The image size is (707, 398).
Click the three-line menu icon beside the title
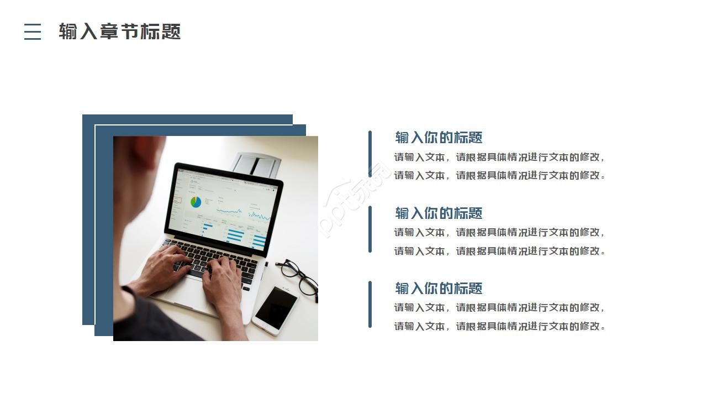point(33,32)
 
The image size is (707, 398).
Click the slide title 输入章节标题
point(120,32)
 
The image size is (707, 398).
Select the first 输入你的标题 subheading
point(439,138)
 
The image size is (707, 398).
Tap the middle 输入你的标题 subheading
point(439,213)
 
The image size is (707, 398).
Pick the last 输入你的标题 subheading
point(439,288)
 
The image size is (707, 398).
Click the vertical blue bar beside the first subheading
point(370,153)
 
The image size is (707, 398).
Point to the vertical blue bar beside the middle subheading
point(370,229)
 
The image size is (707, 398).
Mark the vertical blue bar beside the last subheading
point(370,304)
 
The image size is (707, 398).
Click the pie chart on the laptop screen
point(196,202)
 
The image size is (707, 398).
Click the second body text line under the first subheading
point(500,176)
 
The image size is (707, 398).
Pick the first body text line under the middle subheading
point(500,232)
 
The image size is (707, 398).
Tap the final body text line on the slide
point(500,326)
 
